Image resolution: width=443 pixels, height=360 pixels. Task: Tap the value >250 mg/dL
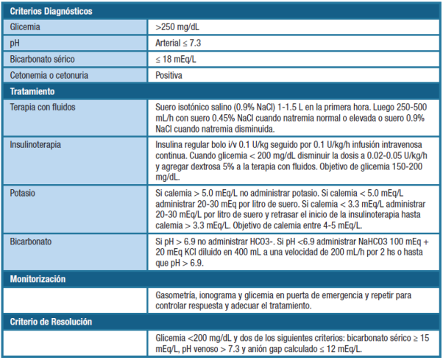pyautogui.click(x=177, y=27)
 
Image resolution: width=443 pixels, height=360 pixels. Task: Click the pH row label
pyautogui.click(x=14, y=43)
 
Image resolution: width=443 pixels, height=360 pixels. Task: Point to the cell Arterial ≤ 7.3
pyautogui.click(x=180, y=43)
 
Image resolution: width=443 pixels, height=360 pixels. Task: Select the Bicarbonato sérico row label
pyautogui.click(x=43, y=59)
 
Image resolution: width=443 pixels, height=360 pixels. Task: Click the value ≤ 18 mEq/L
pyautogui.click(x=177, y=59)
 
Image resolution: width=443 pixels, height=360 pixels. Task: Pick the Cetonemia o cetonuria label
pyautogui.click(x=51, y=75)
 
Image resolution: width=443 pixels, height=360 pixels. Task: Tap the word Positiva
pyautogui.click(x=169, y=75)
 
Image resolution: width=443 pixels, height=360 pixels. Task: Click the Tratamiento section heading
pyautogui.click(x=32, y=91)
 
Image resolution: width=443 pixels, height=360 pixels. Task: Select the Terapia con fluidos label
pyautogui.click(x=43, y=107)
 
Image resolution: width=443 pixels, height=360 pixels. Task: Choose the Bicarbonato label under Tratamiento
pyautogui.click(x=32, y=242)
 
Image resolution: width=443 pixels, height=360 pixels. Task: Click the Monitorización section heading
pyautogui.click(x=38, y=279)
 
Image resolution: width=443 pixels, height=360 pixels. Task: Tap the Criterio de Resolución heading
pyautogui.click(x=51, y=322)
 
